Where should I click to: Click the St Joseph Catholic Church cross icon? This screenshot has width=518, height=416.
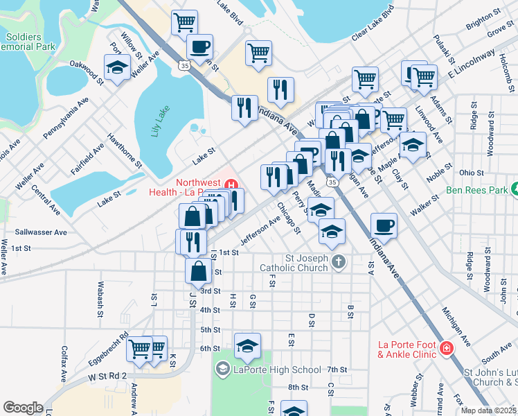[337, 261]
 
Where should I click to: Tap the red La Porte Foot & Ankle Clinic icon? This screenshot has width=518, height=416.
[447, 347]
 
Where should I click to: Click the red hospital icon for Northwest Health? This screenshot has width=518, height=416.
[232, 184]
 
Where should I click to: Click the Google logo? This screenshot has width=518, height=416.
[23, 407]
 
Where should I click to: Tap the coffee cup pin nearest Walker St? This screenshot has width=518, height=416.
[384, 225]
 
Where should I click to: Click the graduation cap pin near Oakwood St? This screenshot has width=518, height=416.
[117, 67]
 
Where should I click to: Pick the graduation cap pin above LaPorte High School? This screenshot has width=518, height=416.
[248, 345]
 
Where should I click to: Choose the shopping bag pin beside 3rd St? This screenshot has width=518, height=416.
[198, 270]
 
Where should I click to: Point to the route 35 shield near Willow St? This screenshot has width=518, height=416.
[184, 65]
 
